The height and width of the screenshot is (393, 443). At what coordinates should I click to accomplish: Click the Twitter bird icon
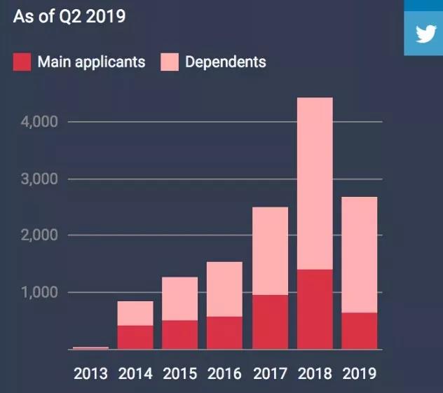[425, 34]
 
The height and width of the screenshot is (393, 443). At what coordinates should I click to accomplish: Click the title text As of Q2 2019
[69, 16]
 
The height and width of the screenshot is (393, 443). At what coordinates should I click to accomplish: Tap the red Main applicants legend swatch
[22, 62]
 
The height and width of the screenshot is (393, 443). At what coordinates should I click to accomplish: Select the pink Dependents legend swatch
[170, 62]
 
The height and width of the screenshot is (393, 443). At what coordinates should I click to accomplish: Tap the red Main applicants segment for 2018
[315, 309]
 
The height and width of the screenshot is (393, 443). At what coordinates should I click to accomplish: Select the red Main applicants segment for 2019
[360, 331]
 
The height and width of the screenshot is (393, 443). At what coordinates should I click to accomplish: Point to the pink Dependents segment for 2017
[270, 251]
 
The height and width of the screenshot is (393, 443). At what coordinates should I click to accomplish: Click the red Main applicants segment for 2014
[135, 337]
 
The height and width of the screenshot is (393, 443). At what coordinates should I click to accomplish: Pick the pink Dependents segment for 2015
[180, 298]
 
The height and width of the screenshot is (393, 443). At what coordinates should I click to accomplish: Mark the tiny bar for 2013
[90, 347]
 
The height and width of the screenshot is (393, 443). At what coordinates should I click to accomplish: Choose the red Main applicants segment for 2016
[225, 333]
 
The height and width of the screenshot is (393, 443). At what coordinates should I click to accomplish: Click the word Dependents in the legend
[226, 62]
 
